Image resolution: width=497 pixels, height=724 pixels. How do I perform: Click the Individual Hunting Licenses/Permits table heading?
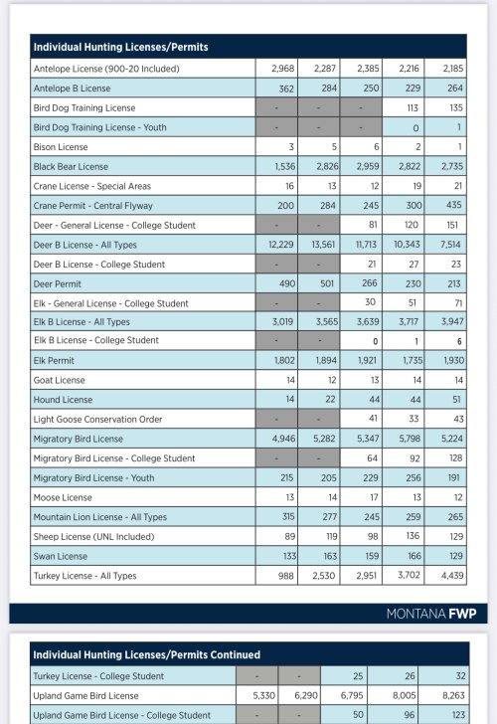point(120,47)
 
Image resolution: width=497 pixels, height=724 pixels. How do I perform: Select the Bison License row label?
point(61,147)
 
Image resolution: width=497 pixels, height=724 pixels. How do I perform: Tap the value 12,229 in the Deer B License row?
point(281,245)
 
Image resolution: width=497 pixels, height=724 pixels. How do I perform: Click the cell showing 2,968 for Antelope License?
point(283,69)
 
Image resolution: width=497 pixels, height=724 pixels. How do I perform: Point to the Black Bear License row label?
point(71,167)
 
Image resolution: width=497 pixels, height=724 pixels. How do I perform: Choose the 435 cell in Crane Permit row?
point(454,205)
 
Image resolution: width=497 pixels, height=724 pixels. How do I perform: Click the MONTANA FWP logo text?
point(431,614)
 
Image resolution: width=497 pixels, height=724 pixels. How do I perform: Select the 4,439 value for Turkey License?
point(452,576)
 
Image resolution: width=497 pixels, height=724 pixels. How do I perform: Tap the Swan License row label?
point(61,556)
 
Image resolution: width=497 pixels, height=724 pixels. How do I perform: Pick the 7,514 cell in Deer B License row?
point(450,245)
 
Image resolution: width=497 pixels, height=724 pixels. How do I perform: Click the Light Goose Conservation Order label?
point(97,420)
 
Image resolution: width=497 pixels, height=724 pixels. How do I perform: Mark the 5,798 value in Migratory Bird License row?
point(410,439)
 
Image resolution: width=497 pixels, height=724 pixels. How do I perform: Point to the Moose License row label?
point(63,497)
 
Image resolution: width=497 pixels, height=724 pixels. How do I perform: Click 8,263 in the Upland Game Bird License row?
point(453,695)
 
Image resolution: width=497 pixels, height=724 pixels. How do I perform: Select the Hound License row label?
point(63,400)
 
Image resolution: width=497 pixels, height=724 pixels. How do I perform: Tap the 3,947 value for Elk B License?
point(452,322)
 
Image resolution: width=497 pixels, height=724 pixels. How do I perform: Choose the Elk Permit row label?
point(54,361)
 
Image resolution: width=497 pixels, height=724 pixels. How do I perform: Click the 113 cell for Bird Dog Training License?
point(413,108)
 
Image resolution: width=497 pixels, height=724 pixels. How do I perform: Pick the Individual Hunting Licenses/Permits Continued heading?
point(147,654)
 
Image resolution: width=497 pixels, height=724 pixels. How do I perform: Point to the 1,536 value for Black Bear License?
point(284,167)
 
